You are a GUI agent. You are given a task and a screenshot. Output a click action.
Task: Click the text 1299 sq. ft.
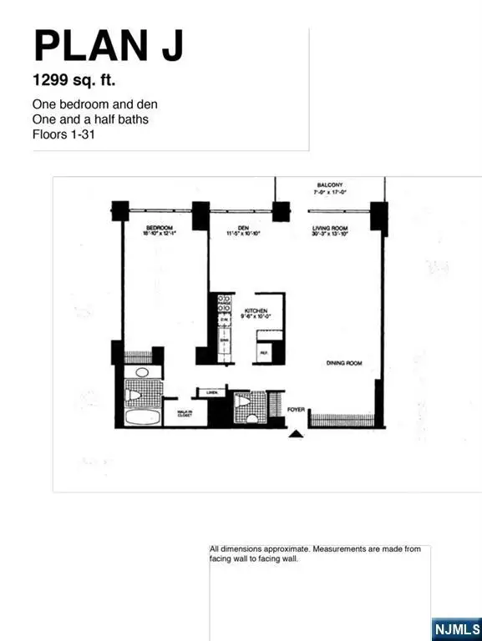point(75,82)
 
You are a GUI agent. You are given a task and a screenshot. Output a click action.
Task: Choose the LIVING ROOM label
point(330,230)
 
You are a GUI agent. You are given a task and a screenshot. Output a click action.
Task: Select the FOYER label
point(296,410)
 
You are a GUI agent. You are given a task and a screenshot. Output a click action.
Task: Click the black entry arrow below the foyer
point(295,432)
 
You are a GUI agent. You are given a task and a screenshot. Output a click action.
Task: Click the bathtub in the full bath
point(142,415)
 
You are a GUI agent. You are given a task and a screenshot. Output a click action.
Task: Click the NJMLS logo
point(456,626)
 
